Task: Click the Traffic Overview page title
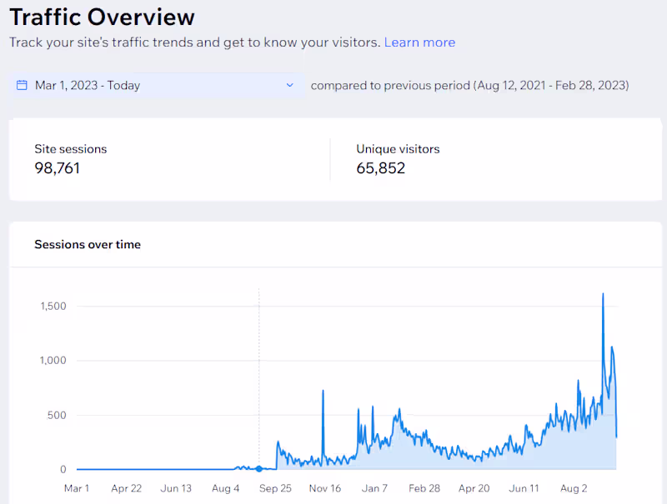coord(102,17)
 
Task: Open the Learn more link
coord(419,42)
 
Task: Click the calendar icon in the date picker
coord(23,85)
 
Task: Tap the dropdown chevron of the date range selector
coord(290,85)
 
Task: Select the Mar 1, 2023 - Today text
coord(88,85)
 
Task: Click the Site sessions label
coord(71,149)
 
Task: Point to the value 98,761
coord(58,168)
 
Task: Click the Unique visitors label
coord(398,149)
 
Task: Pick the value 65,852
coord(381,168)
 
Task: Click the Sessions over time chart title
coord(88,245)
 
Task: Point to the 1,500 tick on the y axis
coord(53,307)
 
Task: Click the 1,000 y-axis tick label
coord(53,361)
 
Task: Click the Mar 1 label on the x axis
coord(76,488)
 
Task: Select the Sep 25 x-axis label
coord(274,488)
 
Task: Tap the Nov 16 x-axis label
coord(324,488)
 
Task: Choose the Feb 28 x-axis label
coord(424,488)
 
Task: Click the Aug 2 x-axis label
coord(573,488)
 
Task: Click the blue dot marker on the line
coord(259,469)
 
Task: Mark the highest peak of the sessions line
coord(603,294)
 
